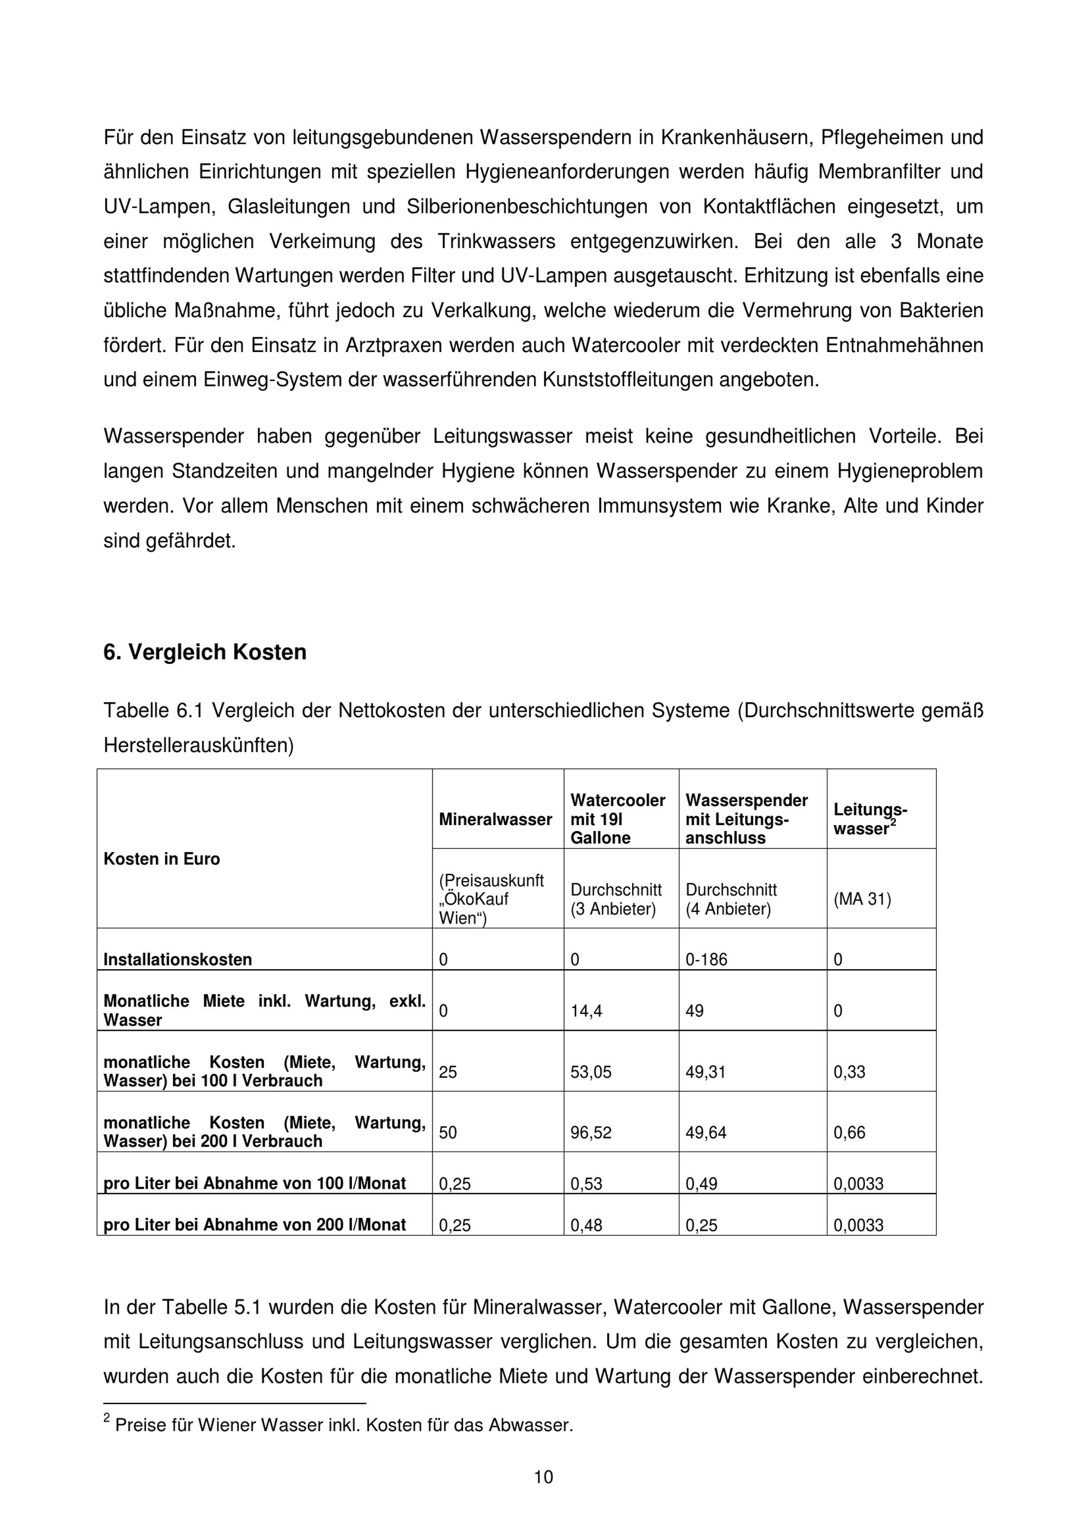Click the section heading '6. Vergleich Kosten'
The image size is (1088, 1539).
point(205,652)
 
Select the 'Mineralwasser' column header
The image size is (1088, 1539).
point(495,819)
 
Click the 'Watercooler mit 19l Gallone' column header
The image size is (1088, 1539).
point(617,819)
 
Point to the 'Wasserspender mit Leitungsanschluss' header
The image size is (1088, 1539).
point(746,819)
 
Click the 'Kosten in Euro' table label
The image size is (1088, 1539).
point(162,859)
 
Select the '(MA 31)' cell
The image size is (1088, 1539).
point(862,900)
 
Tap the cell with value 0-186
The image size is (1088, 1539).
point(706,959)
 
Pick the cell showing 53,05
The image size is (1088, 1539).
point(591,1072)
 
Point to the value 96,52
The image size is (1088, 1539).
point(591,1133)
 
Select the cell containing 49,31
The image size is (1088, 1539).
point(706,1072)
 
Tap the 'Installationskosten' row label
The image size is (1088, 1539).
point(177,959)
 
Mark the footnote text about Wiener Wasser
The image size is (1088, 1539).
point(344,1425)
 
